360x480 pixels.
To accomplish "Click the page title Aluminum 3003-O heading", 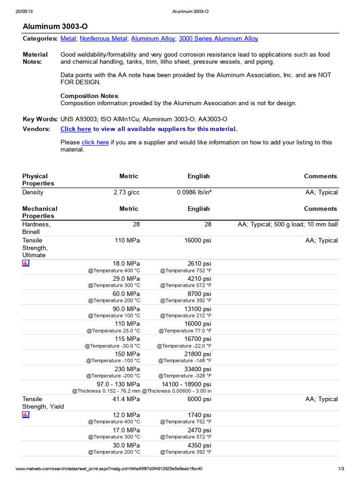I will click(x=55, y=27).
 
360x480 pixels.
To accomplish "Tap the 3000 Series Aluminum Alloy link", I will click(x=218, y=38).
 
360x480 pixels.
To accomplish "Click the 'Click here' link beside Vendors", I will click(x=76, y=129).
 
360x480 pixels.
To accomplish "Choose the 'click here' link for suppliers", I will click(x=95, y=142).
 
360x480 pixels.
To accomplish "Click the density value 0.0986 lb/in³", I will click(x=194, y=192).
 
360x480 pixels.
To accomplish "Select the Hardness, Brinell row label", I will click(x=36, y=228).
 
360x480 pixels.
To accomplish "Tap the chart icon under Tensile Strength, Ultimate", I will click(x=26, y=263).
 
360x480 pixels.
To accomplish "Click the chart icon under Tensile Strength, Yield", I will click(x=26, y=415).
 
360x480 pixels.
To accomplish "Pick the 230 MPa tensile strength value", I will click(x=127, y=369).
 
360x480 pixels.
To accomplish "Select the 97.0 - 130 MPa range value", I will click(x=118, y=384).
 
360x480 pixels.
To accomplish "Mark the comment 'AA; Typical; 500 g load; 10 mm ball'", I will click(x=287, y=225).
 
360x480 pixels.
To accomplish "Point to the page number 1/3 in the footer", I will click(x=341, y=469).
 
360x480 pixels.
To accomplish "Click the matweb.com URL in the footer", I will click(x=109, y=469).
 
